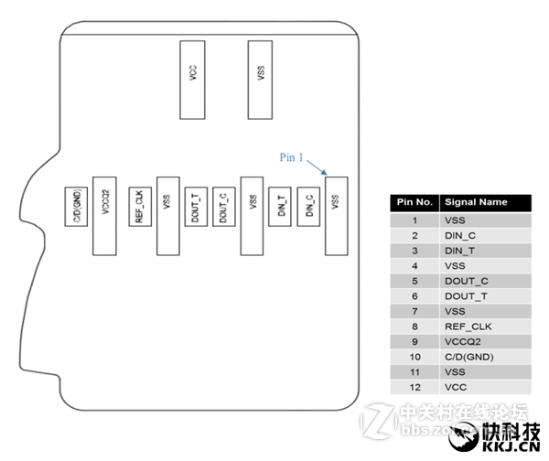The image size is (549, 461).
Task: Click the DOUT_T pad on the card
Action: tap(195, 209)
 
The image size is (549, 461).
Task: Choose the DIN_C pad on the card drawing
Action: tap(310, 209)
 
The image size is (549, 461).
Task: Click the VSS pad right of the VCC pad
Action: tap(261, 79)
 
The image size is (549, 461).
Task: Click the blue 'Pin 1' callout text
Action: tap(291, 156)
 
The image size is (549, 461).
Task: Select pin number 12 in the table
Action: tap(414, 388)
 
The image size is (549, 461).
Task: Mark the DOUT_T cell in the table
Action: tap(463, 295)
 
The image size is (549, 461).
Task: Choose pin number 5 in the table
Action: tap(414, 281)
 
